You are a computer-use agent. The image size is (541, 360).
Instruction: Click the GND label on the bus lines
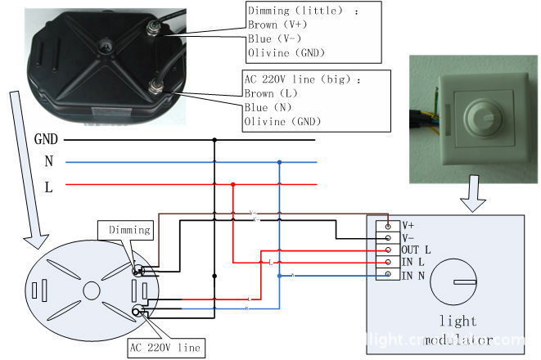[46, 139]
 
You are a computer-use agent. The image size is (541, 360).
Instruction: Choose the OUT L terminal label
[417, 250]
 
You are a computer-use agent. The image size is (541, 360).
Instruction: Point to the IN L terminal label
[413, 262]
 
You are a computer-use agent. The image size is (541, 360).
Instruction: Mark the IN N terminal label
[413, 275]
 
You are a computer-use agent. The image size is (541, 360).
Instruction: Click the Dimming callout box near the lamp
[129, 231]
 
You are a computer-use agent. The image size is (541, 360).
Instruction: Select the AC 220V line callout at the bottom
[165, 347]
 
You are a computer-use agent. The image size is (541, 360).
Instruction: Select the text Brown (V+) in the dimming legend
[274, 25]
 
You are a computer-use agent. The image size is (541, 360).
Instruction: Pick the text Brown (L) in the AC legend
[269, 94]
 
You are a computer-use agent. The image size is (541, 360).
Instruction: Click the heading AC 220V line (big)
[303, 80]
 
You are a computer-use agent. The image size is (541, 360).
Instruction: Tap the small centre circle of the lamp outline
[91, 290]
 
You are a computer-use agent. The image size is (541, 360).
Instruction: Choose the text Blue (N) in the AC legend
[267, 108]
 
